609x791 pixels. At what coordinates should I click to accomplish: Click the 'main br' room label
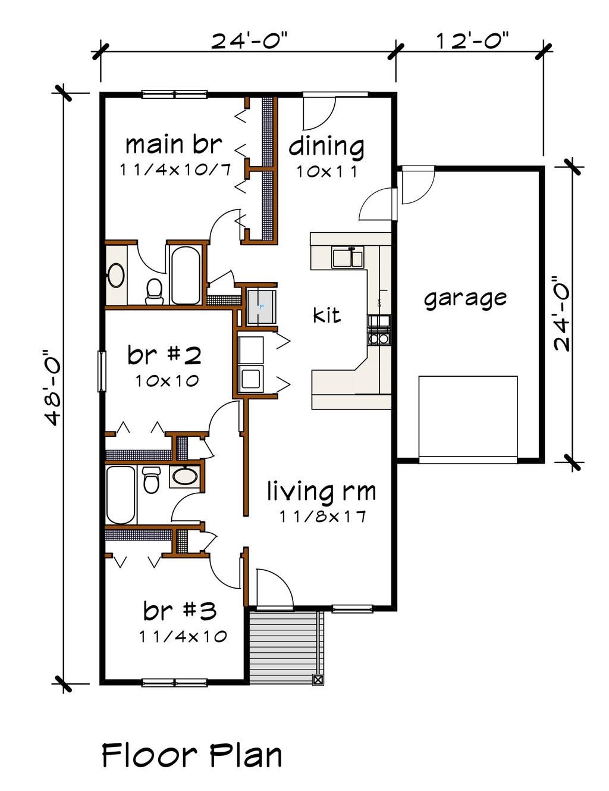pyautogui.click(x=173, y=145)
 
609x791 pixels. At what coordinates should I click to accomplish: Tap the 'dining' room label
pyautogui.click(x=327, y=146)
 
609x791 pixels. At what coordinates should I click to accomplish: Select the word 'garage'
pyautogui.click(x=465, y=298)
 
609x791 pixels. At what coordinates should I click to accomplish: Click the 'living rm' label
pyautogui.click(x=321, y=492)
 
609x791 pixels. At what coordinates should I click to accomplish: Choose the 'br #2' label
pyautogui.click(x=164, y=355)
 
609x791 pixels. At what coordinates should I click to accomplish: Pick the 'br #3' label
pyautogui.click(x=180, y=611)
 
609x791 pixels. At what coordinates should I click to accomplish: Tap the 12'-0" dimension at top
pyautogui.click(x=473, y=42)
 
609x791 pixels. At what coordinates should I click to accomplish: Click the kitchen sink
pyautogui.click(x=348, y=258)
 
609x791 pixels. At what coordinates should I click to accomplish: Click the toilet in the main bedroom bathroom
pyautogui.click(x=155, y=291)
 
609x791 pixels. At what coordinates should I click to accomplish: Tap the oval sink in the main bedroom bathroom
pyautogui.click(x=115, y=276)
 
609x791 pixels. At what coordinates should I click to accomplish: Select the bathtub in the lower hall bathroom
pyautogui.click(x=121, y=494)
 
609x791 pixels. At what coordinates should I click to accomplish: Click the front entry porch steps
pyautogui.click(x=284, y=646)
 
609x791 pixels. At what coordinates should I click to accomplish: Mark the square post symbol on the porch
pyautogui.click(x=318, y=679)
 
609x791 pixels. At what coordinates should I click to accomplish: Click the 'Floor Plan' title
pyautogui.click(x=192, y=755)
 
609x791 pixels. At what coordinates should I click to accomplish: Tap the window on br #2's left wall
pyautogui.click(x=102, y=371)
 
